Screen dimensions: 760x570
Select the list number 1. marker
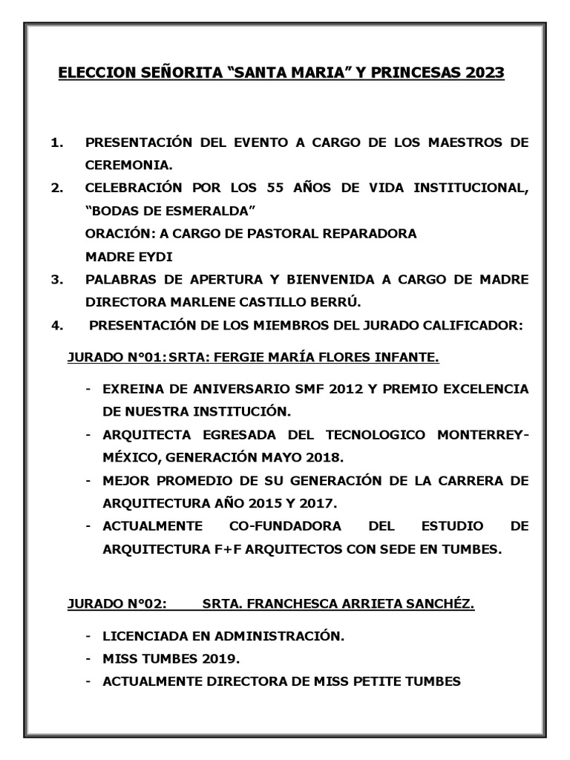pyautogui.click(x=57, y=142)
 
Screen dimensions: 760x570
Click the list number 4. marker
pyautogui.click(x=57, y=324)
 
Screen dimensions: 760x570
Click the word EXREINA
pyautogui.click(x=135, y=389)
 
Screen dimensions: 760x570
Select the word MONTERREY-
pyautogui.click(x=485, y=435)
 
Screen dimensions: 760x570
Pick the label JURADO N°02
pyautogui.click(x=116, y=604)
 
